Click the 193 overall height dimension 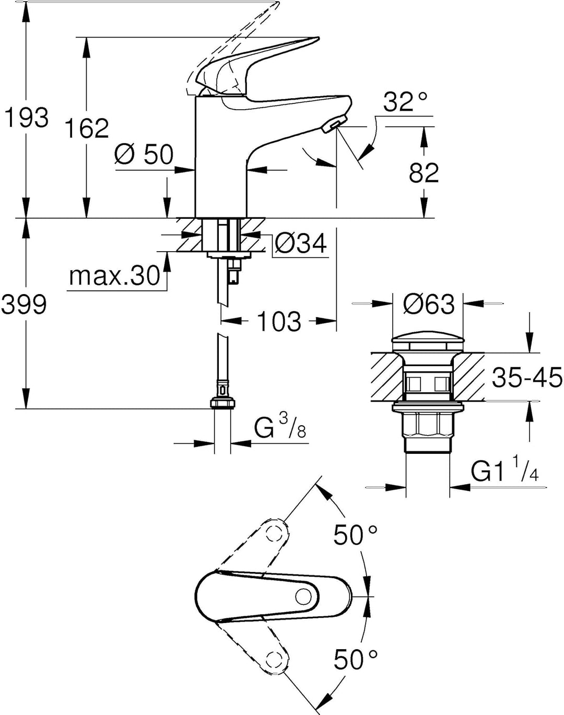pos(27,118)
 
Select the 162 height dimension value pos(86,128)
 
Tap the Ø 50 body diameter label pos(144,155)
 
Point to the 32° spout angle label pos(405,102)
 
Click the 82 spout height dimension pos(424,173)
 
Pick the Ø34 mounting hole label pos(301,243)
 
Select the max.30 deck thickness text pos(114,276)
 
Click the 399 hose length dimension pos(24,304)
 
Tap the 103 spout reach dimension pos(279,321)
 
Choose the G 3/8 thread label pos(280,429)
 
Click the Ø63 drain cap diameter pos(428,304)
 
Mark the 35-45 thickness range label pos(527,377)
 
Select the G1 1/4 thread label pos(504,473)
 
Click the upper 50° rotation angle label pos(356,535)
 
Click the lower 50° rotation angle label pos(356,660)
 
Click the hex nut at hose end pos(223,403)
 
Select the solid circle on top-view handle pos(303,596)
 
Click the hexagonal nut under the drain pos(427,427)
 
